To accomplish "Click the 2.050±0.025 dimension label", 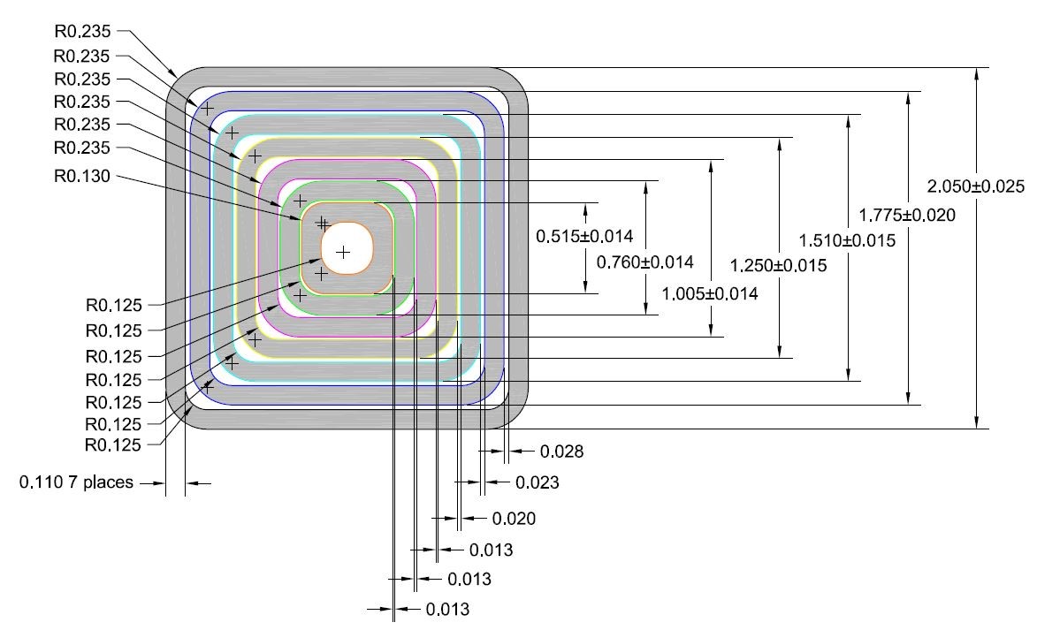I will click(975, 186).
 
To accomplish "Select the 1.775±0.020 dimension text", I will click(907, 214).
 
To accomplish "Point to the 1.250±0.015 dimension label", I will click(779, 265).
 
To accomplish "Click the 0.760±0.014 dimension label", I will click(644, 262).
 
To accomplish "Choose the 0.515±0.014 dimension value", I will click(584, 236).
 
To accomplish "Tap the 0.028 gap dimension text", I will click(560, 452).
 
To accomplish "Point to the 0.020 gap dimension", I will click(514, 518).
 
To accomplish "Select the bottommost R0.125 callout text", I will click(112, 444).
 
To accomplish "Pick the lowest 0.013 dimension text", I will click(446, 610).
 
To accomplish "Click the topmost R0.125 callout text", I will click(112, 305).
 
